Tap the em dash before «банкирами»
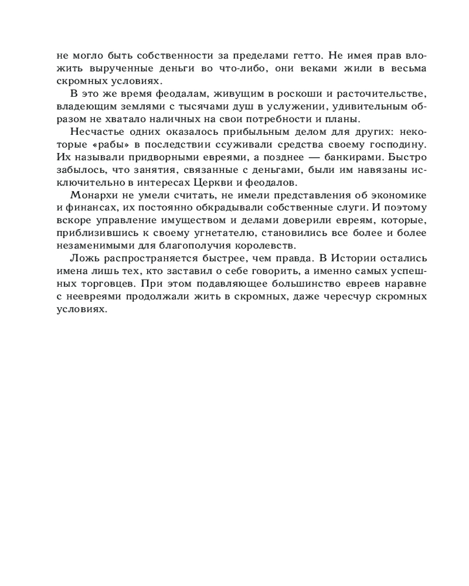pyautogui.click(x=286, y=157)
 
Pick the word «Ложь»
pyautogui.click(x=82, y=258)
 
